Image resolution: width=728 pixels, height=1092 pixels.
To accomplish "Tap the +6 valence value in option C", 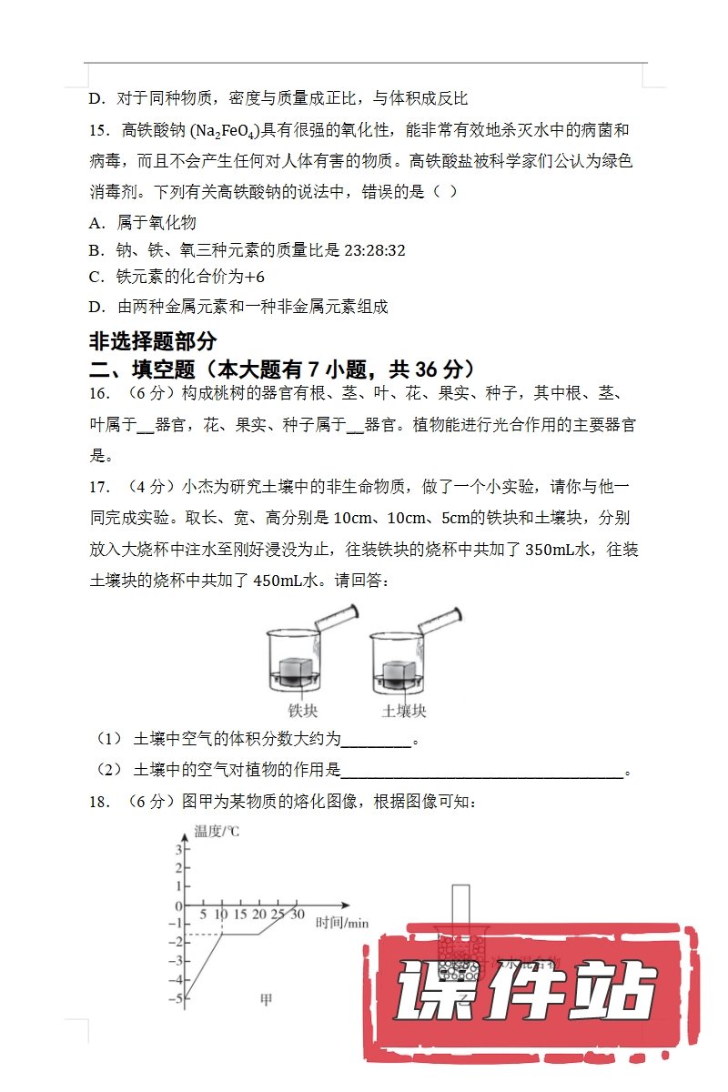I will [x=255, y=278].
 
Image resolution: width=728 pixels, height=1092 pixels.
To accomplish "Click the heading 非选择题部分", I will [x=153, y=341].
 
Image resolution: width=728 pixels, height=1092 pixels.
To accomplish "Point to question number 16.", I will [x=100, y=394].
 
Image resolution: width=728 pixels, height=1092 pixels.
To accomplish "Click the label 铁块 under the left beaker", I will [x=303, y=711].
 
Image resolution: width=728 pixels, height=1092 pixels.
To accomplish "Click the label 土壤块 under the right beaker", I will [x=404, y=711].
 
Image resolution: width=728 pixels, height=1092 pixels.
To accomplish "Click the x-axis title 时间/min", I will [x=342, y=923].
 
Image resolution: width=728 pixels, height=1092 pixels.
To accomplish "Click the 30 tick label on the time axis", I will [x=297, y=915].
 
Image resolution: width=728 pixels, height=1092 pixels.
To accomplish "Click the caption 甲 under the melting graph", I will [x=267, y=999].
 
